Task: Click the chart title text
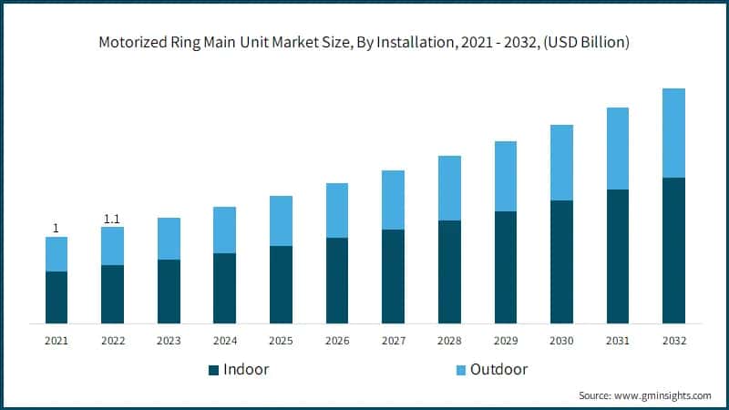[x=364, y=43]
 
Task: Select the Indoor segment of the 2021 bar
[x=56, y=297]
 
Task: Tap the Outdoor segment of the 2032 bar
[x=674, y=133]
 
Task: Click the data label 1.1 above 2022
[x=112, y=219]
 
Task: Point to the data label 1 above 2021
[x=56, y=229]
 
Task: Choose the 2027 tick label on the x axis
[x=393, y=340]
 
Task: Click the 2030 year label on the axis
[x=561, y=340]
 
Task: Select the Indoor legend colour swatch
[x=214, y=370]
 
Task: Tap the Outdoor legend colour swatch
[x=460, y=370]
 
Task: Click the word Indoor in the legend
[x=247, y=370]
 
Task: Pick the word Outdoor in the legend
[x=498, y=370]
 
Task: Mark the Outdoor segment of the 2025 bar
[x=281, y=220]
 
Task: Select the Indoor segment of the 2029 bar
[x=506, y=267]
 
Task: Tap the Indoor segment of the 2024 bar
[x=224, y=288]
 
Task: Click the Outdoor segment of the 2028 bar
[x=449, y=188]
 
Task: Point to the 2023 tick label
[x=169, y=340]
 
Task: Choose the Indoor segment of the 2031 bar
[x=618, y=256]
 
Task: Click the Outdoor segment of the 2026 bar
[x=337, y=210]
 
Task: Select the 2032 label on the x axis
[x=674, y=340]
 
